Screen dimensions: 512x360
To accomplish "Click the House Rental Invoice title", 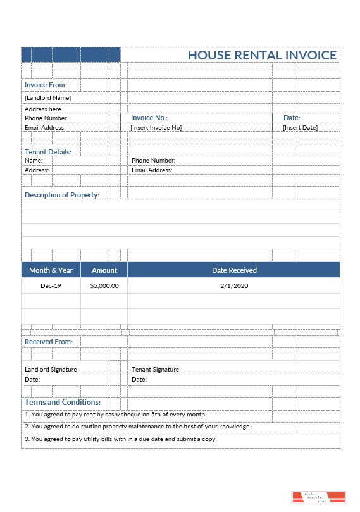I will tap(262, 55).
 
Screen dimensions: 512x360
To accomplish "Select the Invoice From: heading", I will tap(46, 85).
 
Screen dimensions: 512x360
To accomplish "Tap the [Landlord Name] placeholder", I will tap(47, 97).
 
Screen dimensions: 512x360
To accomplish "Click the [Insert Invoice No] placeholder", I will tap(156, 127).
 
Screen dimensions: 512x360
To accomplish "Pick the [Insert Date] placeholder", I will tap(300, 127).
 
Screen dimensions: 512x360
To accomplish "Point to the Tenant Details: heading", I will tap(48, 152).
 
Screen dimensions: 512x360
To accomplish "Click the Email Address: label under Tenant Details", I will tap(152, 170).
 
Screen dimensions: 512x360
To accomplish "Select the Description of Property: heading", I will tap(62, 195).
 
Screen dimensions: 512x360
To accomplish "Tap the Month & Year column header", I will tap(51, 270).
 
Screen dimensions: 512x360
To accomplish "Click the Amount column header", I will tap(104, 270).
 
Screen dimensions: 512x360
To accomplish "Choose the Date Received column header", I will tap(234, 270).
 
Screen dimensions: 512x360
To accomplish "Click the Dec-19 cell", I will tap(51, 285).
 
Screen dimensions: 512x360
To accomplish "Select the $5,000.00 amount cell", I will tap(104, 285).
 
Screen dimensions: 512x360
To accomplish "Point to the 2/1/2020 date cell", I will tap(234, 285).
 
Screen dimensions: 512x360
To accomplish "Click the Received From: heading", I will tap(49, 342).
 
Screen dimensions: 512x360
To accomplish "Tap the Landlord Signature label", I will tap(51, 369).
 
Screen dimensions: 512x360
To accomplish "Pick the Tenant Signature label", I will tap(155, 369).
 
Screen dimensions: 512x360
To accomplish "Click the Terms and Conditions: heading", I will tap(63, 402).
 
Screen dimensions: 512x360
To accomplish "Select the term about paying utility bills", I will tap(121, 439).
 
